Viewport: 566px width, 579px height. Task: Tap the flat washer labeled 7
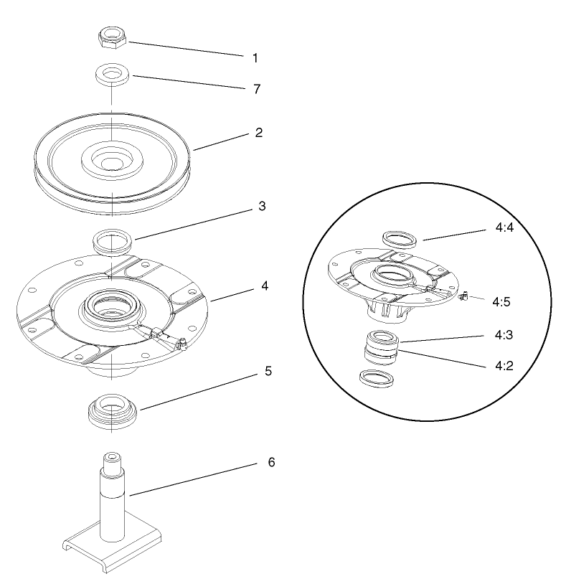pos(111,74)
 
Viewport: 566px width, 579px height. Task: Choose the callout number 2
pos(259,133)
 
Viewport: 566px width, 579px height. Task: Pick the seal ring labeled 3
pos(111,240)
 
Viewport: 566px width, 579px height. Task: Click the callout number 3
pos(262,207)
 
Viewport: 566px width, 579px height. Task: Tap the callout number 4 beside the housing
pos(265,286)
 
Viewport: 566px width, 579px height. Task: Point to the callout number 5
pos(267,372)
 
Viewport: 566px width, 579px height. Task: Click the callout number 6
pos(270,462)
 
